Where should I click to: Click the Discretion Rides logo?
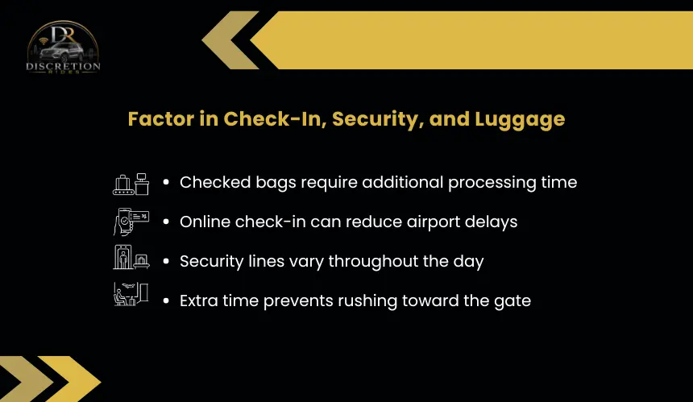[x=63, y=47]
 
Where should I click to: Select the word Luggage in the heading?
[x=520, y=120]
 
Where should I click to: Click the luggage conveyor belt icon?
[x=131, y=184]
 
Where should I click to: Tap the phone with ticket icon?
[x=131, y=222]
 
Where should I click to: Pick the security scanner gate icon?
[x=131, y=257]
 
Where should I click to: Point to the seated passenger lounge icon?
[x=131, y=294]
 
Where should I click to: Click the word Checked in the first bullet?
[x=215, y=182]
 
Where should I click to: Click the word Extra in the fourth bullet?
[x=198, y=300]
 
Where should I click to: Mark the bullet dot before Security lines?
[x=166, y=262]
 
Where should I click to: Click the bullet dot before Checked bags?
[x=166, y=182]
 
